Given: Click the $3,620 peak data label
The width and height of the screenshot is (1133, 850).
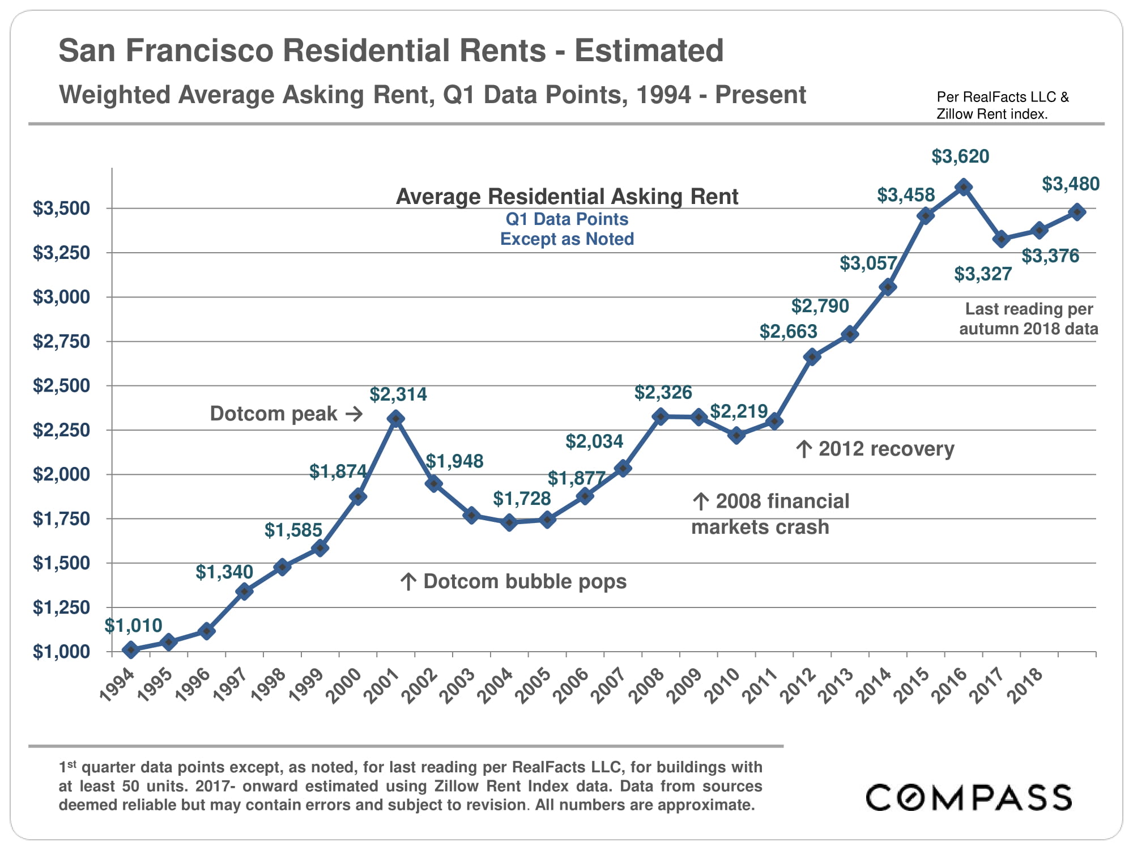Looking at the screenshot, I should coord(960,156).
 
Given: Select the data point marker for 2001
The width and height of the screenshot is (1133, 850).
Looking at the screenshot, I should coord(396,419).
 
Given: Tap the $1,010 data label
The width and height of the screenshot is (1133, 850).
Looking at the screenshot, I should coord(134,626).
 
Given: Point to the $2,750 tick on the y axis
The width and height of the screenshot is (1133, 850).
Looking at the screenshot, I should coord(62,341).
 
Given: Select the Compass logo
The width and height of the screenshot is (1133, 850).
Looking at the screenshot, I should coord(969,798).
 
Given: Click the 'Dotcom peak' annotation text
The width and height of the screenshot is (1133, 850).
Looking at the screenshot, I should coord(274,414).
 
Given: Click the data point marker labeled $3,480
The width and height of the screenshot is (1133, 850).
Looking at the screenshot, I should coord(1077,212).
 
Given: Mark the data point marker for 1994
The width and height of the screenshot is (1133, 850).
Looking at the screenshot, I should coord(131,649).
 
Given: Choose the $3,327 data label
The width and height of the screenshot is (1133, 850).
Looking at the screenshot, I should coord(983,274).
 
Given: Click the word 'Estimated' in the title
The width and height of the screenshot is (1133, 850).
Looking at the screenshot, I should coord(649,50).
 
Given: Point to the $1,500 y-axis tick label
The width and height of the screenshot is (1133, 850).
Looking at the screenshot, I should coord(62,563).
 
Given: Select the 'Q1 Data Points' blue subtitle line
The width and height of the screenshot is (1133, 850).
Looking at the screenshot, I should coord(566,219).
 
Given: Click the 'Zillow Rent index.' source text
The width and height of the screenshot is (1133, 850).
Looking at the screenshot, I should coord(992,114).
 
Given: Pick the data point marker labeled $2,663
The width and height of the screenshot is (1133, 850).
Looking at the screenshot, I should coord(812,356).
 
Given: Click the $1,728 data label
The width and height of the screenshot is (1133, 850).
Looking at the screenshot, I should coord(522,499).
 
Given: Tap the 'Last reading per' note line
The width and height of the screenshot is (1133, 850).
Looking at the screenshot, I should coord(1029,309).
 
